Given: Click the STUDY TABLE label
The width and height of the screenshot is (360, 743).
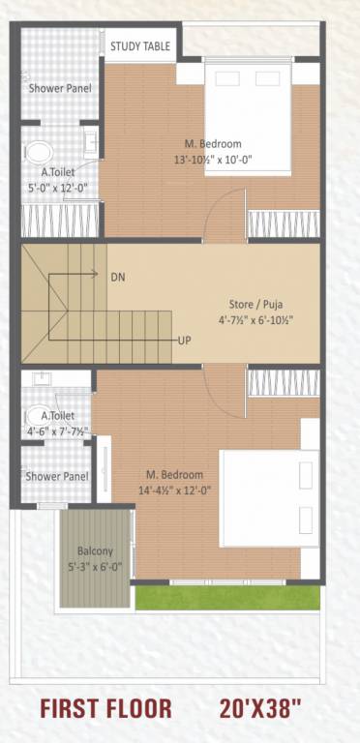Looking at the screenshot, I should pyautogui.click(x=140, y=45).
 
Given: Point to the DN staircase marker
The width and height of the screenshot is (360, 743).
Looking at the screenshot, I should pyautogui.click(x=118, y=277).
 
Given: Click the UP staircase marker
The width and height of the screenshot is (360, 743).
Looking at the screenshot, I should pyautogui.click(x=184, y=342).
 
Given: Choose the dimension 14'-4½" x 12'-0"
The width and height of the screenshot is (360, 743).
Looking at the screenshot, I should pyautogui.click(x=174, y=490).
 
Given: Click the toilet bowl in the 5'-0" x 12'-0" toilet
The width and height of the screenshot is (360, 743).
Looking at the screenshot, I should pyautogui.click(x=40, y=152).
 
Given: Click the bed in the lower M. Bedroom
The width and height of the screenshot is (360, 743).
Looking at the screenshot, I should pyautogui.click(x=269, y=484).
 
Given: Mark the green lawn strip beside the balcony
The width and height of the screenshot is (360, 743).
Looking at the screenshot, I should pyautogui.click(x=226, y=598).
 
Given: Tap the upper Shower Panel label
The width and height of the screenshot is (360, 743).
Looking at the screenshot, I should pyautogui.click(x=60, y=88).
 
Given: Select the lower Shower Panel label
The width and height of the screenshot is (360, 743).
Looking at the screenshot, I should pyautogui.click(x=57, y=476).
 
